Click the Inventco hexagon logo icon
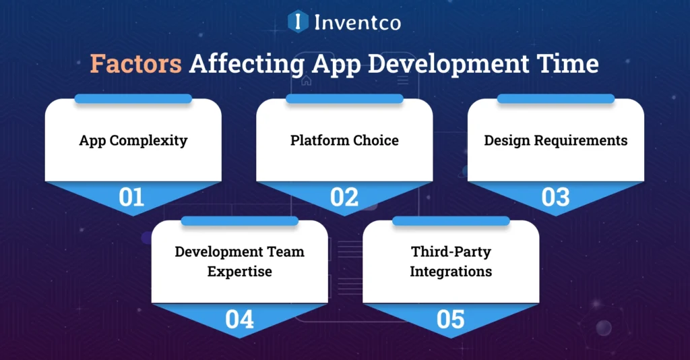point(298,22)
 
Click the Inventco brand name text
point(357,22)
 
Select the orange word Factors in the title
point(136,64)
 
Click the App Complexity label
point(133,141)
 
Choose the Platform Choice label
point(344,141)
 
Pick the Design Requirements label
point(556,141)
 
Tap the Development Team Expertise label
point(239,262)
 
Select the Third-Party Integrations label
point(451,262)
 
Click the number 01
point(132,198)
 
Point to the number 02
point(344,198)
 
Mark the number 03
point(556,198)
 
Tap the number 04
point(239,320)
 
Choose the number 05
point(451,320)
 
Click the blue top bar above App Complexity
point(133,99)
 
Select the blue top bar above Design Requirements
point(556,99)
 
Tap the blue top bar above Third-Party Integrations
point(451,221)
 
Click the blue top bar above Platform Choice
point(344,99)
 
